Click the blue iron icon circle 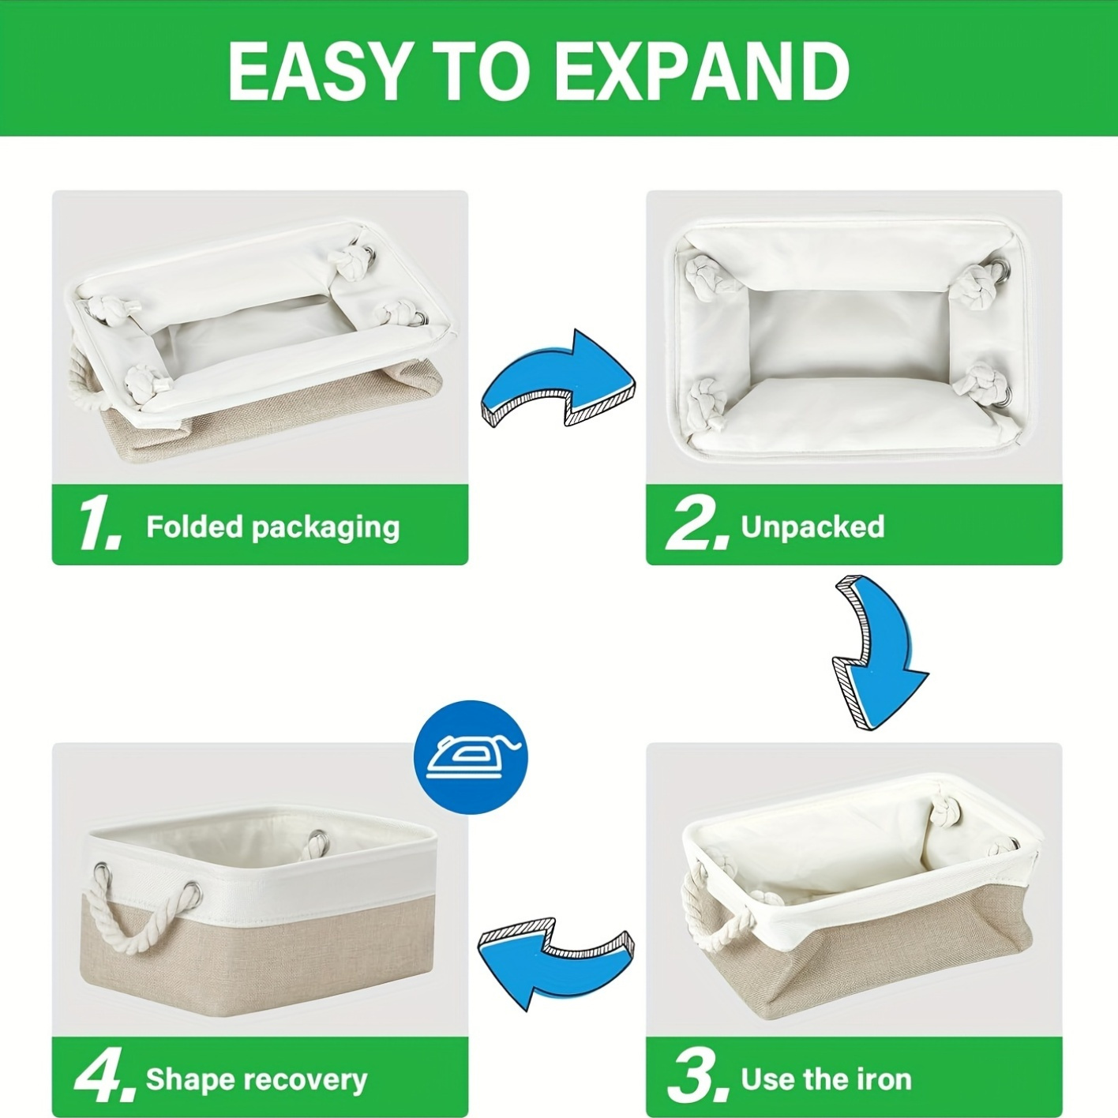click(471, 757)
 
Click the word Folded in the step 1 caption click(193, 527)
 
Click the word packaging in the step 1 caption click(325, 529)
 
